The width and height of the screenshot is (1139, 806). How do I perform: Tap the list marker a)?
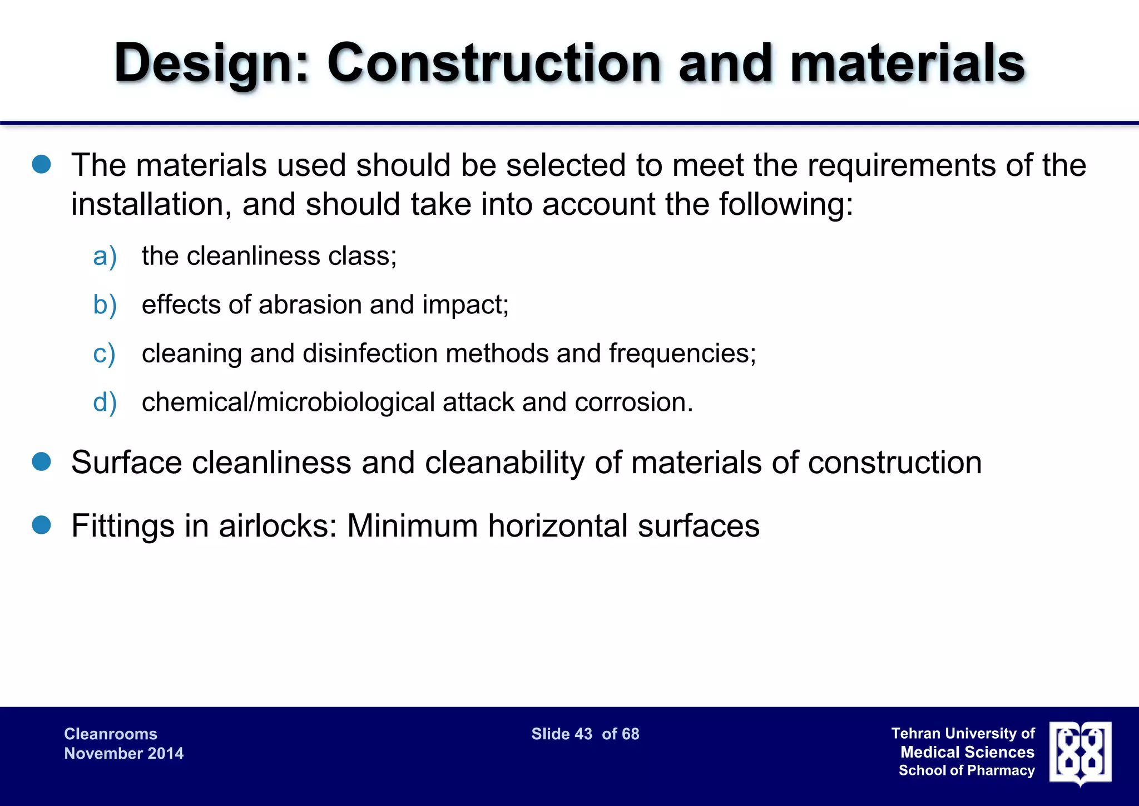point(105,257)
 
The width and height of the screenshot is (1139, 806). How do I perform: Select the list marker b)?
point(105,305)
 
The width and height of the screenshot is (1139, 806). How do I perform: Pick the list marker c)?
point(104,354)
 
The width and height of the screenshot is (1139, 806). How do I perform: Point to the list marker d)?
point(105,402)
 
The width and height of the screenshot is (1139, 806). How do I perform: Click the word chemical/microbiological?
point(288,402)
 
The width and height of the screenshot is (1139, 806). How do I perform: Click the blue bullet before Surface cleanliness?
point(42,461)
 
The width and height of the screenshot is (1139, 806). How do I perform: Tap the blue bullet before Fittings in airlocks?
point(42,525)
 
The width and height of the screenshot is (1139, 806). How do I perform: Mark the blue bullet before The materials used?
point(42,164)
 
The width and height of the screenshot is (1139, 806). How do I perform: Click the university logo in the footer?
point(1080,753)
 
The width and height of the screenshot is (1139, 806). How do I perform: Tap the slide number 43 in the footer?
point(583,734)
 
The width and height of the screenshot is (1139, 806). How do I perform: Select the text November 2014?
point(123,754)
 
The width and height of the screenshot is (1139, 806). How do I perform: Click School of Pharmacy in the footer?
point(967,771)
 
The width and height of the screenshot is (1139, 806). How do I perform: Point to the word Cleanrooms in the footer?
point(111,734)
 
